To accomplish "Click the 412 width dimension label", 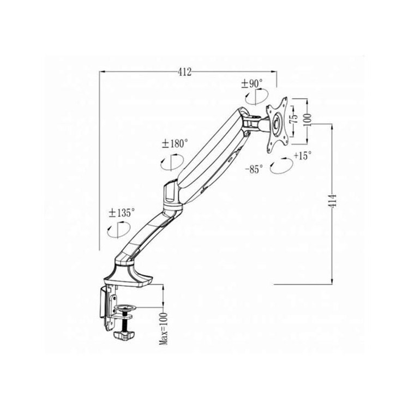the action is (185, 72).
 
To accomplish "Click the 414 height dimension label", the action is (332, 201).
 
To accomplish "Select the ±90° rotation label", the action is (252, 84).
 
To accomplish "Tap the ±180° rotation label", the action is (175, 143).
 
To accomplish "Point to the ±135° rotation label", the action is (122, 213).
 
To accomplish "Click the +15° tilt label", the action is (303, 156).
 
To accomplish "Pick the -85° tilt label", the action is (254, 170).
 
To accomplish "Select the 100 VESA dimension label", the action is (307, 120).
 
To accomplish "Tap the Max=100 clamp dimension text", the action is (164, 328).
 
